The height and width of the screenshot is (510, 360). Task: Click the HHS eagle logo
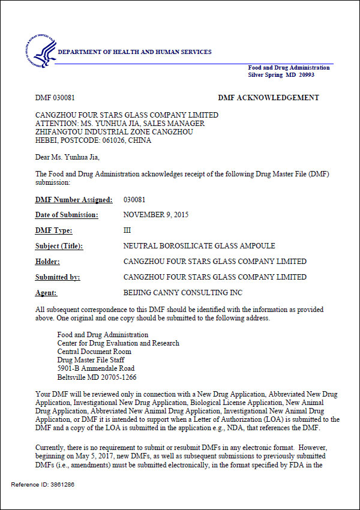41,52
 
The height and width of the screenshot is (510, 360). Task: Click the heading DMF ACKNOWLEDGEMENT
268,98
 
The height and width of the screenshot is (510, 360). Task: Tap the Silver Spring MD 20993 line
281,75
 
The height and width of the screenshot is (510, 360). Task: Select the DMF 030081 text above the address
55,98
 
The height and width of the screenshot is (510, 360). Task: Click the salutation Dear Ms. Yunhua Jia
68,158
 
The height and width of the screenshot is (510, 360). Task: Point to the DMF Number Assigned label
74,199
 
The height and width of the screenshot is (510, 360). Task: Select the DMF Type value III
127,230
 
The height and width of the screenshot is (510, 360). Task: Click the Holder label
47,262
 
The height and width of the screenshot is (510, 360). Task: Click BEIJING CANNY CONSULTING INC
182,293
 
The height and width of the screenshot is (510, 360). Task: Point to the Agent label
46,293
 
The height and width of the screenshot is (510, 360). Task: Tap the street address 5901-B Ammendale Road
95,368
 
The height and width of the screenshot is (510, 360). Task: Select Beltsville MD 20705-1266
97,377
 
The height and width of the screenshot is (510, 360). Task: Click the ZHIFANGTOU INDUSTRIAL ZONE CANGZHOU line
114,131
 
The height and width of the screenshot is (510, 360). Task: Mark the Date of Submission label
67,215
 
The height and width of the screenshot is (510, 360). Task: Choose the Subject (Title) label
59,246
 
